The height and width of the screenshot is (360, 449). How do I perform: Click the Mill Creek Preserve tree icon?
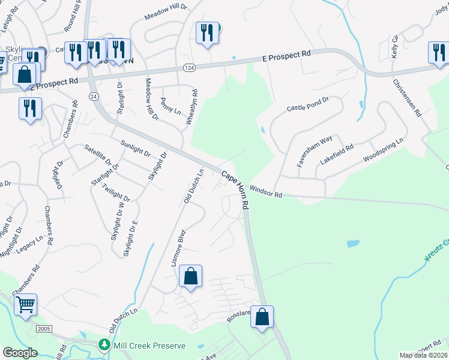[x=104, y=346]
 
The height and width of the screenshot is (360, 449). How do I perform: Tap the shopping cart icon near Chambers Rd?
[x=26, y=304]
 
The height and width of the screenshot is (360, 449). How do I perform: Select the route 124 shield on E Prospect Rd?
[x=189, y=68]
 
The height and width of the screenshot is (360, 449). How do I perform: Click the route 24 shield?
[x=94, y=96]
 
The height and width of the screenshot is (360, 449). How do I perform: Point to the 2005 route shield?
[x=44, y=329]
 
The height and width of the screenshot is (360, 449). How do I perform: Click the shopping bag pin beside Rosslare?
[x=262, y=317]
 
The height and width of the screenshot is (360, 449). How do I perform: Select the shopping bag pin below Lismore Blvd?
[x=190, y=276]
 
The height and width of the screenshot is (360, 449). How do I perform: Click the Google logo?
[x=20, y=353]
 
